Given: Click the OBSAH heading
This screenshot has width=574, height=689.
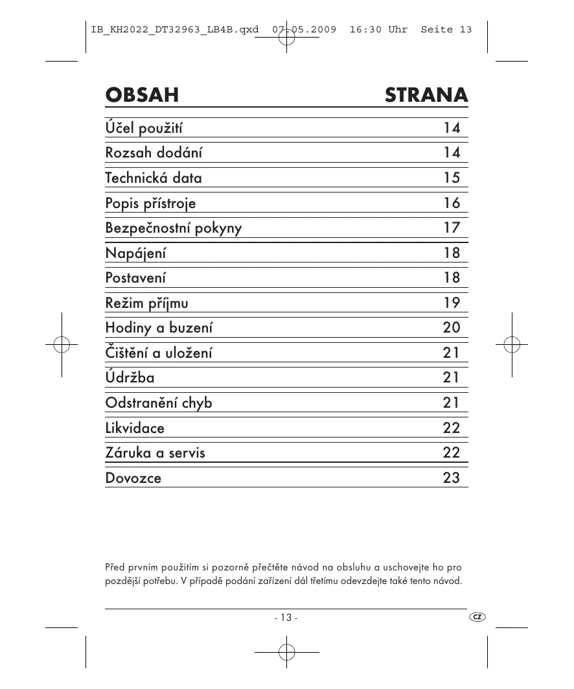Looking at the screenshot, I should point(142,95).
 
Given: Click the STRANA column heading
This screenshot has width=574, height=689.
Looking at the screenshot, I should point(426,95).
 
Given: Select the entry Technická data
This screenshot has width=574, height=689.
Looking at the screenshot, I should point(154,178).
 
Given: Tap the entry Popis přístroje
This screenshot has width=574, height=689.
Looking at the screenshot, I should point(150,203).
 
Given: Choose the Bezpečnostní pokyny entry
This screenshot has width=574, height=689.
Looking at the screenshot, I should point(174,228).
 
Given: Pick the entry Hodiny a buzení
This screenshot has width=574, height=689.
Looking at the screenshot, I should point(159,327).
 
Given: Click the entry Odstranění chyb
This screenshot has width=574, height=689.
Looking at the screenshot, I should point(159,403).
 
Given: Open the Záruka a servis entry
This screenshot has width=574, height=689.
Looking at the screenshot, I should point(155,452).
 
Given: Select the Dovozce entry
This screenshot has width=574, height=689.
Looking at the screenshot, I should point(133,478).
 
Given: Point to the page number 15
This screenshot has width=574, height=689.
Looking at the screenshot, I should point(452,178).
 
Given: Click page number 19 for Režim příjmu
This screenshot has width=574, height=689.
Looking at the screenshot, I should point(452,303).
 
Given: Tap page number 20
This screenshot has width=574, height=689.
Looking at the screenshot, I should point(452,327).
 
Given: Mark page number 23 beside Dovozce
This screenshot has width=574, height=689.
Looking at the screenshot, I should point(452,478).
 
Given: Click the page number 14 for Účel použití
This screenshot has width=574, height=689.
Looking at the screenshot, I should point(452,128).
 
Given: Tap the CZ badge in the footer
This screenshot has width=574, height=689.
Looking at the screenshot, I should point(477,616).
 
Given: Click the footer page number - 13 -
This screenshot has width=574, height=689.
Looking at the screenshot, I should point(286,618).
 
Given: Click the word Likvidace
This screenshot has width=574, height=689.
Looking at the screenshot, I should point(135,428).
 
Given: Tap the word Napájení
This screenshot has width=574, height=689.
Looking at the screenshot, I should point(135,253).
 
